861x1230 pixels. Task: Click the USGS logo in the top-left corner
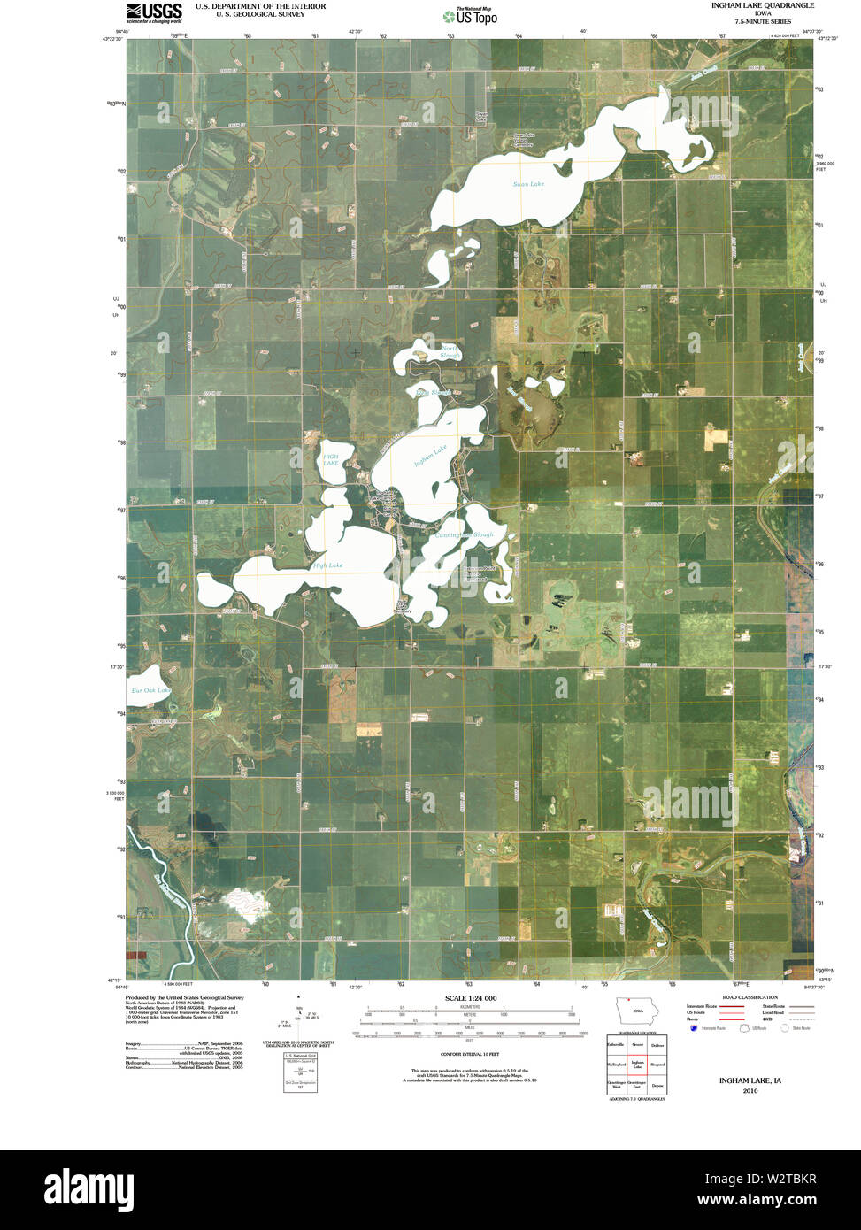click(154, 12)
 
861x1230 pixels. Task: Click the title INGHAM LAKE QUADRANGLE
click(760, 5)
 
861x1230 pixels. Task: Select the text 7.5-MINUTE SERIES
click(760, 19)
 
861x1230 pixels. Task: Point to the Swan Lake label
click(528, 184)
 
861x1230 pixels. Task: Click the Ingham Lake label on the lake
click(431, 459)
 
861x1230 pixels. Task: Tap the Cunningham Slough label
click(464, 535)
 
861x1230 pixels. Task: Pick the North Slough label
click(450, 351)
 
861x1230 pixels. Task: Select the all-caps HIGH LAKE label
click(331, 460)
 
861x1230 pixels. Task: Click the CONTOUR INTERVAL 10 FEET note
click(470, 1055)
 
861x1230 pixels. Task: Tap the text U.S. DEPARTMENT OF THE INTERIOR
click(260, 6)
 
